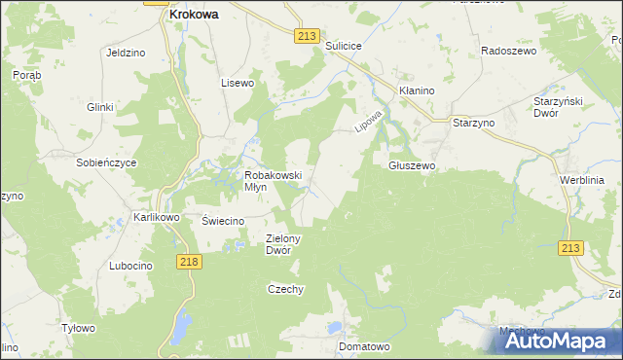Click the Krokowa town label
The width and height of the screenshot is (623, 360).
(x=193, y=15)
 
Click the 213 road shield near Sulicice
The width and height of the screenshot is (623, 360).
(x=306, y=36)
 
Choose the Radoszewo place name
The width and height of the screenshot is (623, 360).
(x=509, y=51)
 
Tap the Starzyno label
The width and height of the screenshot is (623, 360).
(x=474, y=124)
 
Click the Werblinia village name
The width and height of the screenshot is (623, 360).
(x=582, y=180)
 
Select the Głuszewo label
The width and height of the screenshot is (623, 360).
(x=412, y=166)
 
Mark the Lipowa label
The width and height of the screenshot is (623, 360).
(x=367, y=120)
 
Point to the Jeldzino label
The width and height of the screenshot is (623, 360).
(x=126, y=53)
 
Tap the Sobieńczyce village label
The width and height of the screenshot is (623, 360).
(x=106, y=162)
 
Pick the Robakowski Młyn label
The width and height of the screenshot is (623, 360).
(x=274, y=181)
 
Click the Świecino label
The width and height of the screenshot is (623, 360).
(x=222, y=221)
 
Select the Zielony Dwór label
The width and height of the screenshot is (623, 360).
(x=285, y=243)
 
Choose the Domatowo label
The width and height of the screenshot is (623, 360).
(x=364, y=345)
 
